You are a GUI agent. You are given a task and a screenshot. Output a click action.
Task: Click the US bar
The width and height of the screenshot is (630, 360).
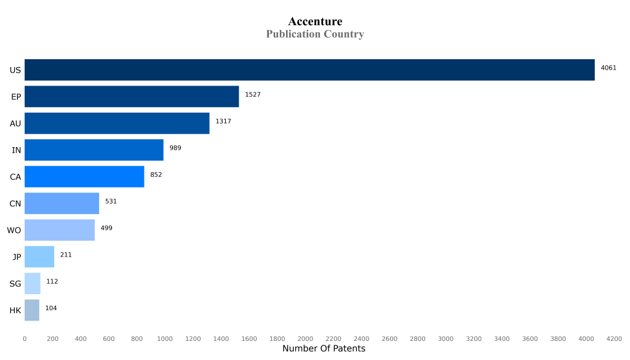(309, 70)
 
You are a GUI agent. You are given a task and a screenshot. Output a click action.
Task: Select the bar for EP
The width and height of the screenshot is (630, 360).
(132, 97)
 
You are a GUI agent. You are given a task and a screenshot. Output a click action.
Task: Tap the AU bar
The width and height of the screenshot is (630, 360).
(117, 123)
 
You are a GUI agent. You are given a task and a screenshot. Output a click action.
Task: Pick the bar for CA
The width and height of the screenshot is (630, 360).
(84, 177)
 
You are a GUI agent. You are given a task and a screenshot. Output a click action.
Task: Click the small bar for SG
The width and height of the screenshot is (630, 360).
(33, 284)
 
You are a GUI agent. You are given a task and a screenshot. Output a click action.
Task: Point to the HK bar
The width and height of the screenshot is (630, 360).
(32, 310)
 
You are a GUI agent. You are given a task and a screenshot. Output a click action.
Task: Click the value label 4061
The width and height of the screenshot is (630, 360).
(608, 68)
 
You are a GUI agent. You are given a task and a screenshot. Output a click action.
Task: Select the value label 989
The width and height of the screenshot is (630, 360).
(175, 148)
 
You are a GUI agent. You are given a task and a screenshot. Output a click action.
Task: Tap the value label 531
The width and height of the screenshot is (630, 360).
(111, 201)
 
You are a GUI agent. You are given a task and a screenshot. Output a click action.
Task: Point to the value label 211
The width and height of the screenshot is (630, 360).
(66, 255)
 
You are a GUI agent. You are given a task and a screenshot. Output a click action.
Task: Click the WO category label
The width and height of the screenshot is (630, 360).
(14, 230)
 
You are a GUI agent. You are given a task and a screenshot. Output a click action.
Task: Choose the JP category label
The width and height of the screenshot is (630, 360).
(17, 257)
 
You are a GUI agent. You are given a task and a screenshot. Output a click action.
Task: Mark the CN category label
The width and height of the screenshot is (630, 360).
(15, 204)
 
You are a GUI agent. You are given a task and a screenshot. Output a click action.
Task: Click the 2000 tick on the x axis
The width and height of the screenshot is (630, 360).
(305, 338)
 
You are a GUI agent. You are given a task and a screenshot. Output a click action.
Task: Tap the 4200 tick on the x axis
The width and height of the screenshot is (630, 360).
(614, 338)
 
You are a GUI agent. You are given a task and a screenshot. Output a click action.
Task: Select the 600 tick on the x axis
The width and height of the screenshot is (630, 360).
(109, 338)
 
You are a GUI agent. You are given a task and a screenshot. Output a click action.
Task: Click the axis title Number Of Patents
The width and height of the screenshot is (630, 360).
(324, 349)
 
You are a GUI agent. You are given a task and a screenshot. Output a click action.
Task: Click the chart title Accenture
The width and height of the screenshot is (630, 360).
(315, 22)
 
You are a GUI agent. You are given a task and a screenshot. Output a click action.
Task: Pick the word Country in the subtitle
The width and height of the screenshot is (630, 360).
(342, 34)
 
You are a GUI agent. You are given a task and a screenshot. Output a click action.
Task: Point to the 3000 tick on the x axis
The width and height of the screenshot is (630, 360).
(445, 338)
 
